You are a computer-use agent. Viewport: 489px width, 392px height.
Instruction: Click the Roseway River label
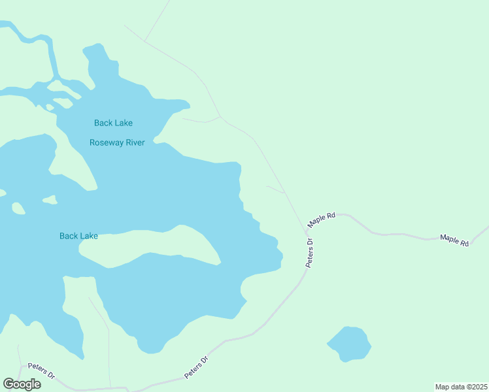[117, 142]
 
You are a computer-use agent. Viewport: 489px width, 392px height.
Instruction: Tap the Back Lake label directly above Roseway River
[113, 123]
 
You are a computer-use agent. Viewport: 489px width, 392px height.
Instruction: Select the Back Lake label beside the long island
[78, 236]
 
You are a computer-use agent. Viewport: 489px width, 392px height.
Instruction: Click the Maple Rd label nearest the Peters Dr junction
[322, 219]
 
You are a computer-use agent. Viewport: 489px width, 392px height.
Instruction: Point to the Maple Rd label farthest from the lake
[454, 240]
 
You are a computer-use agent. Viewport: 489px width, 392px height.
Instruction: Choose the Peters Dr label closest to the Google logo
[41, 372]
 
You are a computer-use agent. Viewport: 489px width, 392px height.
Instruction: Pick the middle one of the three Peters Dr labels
[196, 367]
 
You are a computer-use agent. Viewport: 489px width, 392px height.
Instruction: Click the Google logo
[22, 384]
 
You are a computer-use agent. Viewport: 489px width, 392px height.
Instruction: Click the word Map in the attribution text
[443, 386]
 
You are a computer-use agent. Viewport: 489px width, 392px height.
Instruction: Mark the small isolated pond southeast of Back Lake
[350, 343]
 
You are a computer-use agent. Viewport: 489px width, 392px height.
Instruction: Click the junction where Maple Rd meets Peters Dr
[306, 230]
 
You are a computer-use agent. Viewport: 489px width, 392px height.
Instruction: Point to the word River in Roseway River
[133, 142]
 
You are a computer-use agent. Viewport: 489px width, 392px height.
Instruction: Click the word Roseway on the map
[105, 142]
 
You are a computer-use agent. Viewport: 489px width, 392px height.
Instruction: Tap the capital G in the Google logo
[9, 384]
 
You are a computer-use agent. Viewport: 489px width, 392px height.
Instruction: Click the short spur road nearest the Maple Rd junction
[275, 189]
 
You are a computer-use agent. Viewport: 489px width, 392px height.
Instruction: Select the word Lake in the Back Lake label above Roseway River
[123, 123]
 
